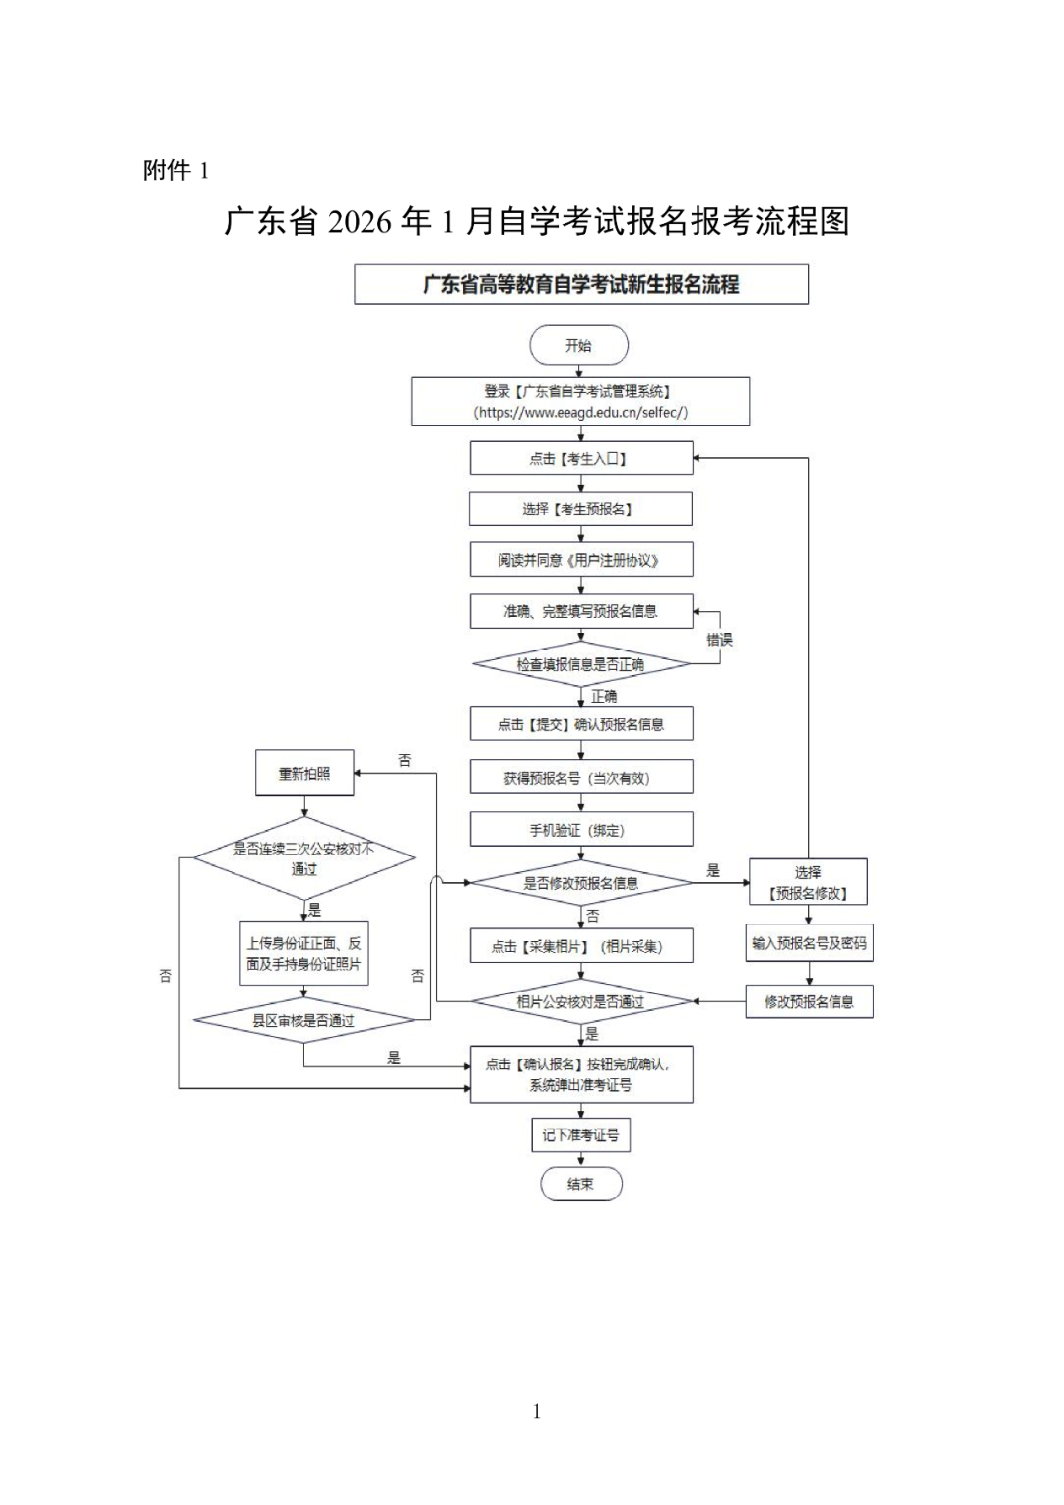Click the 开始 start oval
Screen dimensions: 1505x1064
point(578,346)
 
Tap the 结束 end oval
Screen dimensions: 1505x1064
point(581,1184)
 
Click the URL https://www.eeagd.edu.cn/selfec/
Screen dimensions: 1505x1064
point(580,413)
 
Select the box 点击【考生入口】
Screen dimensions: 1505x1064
point(580,458)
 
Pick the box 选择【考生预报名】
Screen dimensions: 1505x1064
point(580,509)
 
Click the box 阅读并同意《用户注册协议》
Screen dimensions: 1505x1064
point(580,560)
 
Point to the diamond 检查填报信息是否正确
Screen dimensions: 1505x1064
point(580,664)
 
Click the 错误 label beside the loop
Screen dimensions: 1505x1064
point(719,640)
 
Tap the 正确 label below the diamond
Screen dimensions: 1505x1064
point(604,696)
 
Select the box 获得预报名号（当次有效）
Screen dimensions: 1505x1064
point(580,778)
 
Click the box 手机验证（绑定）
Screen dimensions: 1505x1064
point(580,830)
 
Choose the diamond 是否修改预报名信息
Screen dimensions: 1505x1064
point(580,883)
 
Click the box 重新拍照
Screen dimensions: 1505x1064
point(303,774)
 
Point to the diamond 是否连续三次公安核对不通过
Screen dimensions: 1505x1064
point(303,858)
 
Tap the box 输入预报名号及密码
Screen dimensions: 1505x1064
point(809,943)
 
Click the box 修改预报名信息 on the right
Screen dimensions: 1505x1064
point(809,1001)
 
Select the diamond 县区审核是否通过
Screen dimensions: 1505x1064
point(303,1020)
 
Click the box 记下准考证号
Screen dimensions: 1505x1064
point(580,1135)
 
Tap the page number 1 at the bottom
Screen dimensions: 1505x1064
point(536,1411)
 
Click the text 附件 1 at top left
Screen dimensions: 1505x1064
point(175,171)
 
